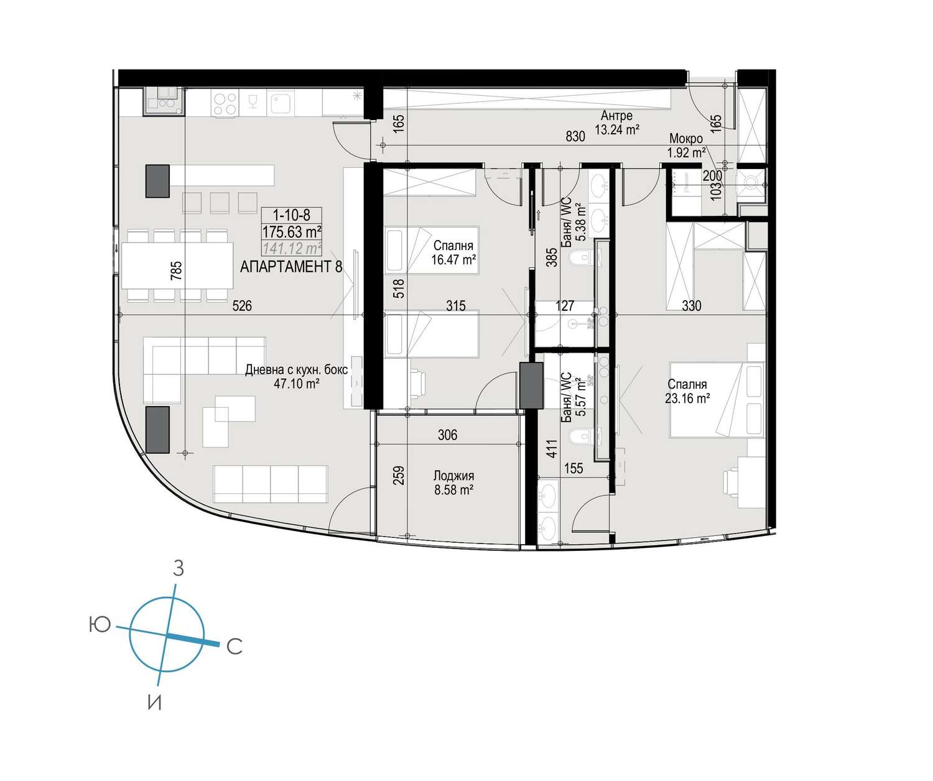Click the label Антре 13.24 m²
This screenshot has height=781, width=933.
[616, 122]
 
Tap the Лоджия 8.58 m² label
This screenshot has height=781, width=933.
[453, 483]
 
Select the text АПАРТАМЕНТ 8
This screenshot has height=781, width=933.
[291, 267]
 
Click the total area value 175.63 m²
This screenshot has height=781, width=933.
[292, 232]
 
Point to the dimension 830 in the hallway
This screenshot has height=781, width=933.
[575, 136]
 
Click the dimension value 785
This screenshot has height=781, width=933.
[177, 270]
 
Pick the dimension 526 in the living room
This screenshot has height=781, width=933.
[242, 305]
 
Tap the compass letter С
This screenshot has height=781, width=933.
[234, 647]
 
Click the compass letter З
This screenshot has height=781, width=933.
[179, 568]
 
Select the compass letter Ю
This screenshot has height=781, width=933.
[99, 624]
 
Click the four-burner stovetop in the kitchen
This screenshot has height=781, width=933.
[225, 104]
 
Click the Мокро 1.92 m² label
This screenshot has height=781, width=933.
[686, 146]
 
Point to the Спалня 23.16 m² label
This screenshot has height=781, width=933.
[687, 391]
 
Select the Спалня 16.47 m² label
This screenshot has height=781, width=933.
[453, 252]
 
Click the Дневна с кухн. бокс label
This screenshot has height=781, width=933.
[296, 370]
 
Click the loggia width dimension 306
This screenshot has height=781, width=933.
[447, 435]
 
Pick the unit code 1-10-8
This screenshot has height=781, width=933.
[291, 215]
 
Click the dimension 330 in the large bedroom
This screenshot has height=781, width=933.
[691, 305]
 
